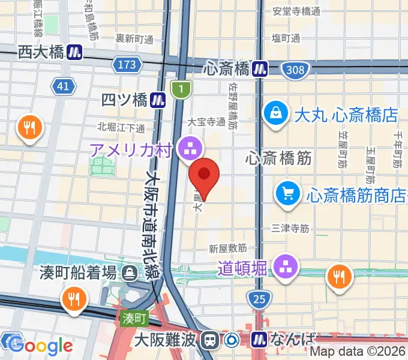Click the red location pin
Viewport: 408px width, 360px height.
pos(204,175)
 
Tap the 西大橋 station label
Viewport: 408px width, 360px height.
pos(41,52)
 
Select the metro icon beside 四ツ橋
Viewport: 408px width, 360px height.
pos(158,98)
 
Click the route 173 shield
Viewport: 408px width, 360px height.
pos(127,65)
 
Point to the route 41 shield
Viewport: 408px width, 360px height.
pos(63,87)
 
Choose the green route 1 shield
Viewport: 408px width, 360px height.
pos(180,89)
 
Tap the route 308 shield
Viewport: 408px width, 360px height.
pos(295,70)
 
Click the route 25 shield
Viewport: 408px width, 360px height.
pos(259,298)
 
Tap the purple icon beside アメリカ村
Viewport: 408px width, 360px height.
pos(191,146)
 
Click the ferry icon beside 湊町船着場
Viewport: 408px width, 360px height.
pos(129,274)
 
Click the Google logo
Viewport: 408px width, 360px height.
pos(40,345)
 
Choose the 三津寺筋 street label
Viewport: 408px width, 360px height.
pos(290,228)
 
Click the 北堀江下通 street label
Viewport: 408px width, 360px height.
pos(121,127)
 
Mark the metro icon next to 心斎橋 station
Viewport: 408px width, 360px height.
pos(260,68)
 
